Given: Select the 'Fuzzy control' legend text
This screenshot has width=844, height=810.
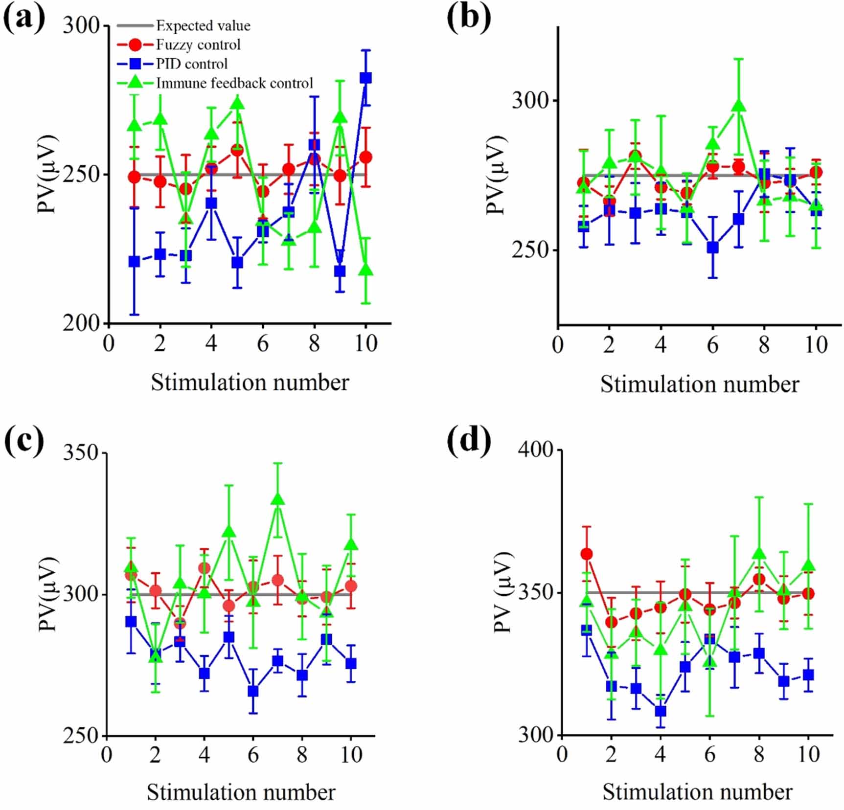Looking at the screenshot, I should coord(198,45).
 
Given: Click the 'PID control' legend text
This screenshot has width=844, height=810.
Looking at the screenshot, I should coord(192,64).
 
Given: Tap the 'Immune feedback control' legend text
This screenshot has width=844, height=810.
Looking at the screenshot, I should coord(234,83).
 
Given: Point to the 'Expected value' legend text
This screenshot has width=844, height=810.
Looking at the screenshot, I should coord(203,25).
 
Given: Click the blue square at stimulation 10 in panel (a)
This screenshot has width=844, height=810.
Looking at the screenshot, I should coord(365,78).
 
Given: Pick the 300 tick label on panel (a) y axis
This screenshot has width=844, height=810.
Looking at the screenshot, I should coord(81,25).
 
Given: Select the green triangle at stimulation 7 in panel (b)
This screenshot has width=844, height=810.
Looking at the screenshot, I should coord(739,106).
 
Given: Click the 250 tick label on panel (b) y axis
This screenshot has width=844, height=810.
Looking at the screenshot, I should coord(530,250).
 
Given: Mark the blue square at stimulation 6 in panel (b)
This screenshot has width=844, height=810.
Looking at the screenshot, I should coord(713,247).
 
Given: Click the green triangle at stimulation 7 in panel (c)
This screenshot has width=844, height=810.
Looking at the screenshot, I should coord(278,499).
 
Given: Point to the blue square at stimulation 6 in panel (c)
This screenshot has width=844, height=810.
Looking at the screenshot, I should coord(253,691).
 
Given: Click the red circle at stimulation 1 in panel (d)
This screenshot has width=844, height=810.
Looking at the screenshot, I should coord(587,554).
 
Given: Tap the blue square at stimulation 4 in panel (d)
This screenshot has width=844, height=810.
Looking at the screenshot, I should coord(661,711).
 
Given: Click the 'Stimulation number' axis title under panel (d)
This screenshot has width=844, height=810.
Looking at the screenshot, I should coord(697,791).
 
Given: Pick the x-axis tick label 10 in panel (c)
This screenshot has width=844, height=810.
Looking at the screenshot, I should coord(351,755).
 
